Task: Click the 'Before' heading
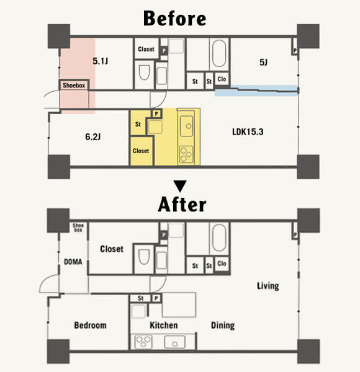[x=175, y=18]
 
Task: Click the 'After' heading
[x=182, y=204]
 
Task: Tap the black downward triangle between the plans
[x=180, y=186]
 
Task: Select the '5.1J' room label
[x=100, y=61]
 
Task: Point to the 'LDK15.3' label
[x=248, y=131]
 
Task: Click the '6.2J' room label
[x=93, y=136]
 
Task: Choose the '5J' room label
[x=263, y=63]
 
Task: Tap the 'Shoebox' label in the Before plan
[x=74, y=86]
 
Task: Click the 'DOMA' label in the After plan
[x=73, y=262]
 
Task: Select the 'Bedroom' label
[x=90, y=325]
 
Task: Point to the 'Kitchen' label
[x=164, y=325]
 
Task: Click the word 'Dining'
[x=223, y=325]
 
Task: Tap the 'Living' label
[x=268, y=286]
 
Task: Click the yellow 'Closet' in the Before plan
[x=141, y=151]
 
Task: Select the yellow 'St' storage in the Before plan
[x=138, y=125]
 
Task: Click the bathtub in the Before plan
[x=219, y=53]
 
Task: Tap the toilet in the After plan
[x=144, y=257]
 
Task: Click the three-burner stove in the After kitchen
[x=143, y=342]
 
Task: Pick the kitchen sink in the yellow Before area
[x=187, y=126]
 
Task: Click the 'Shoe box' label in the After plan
[x=78, y=228]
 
